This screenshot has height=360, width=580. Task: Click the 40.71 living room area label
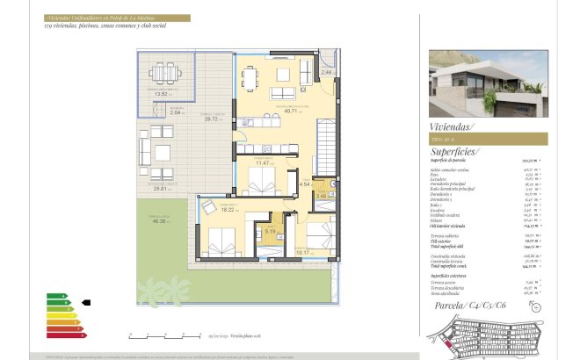(x=291, y=112)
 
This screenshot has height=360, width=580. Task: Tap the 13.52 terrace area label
(x=162, y=94)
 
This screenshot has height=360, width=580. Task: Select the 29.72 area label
(x=211, y=119)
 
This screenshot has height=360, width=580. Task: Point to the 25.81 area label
(x=159, y=188)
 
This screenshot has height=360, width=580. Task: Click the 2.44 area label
(x=326, y=72)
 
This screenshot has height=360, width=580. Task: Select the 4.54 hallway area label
(x=305, y=184)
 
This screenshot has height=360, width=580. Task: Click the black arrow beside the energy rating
(x=85, y=303)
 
